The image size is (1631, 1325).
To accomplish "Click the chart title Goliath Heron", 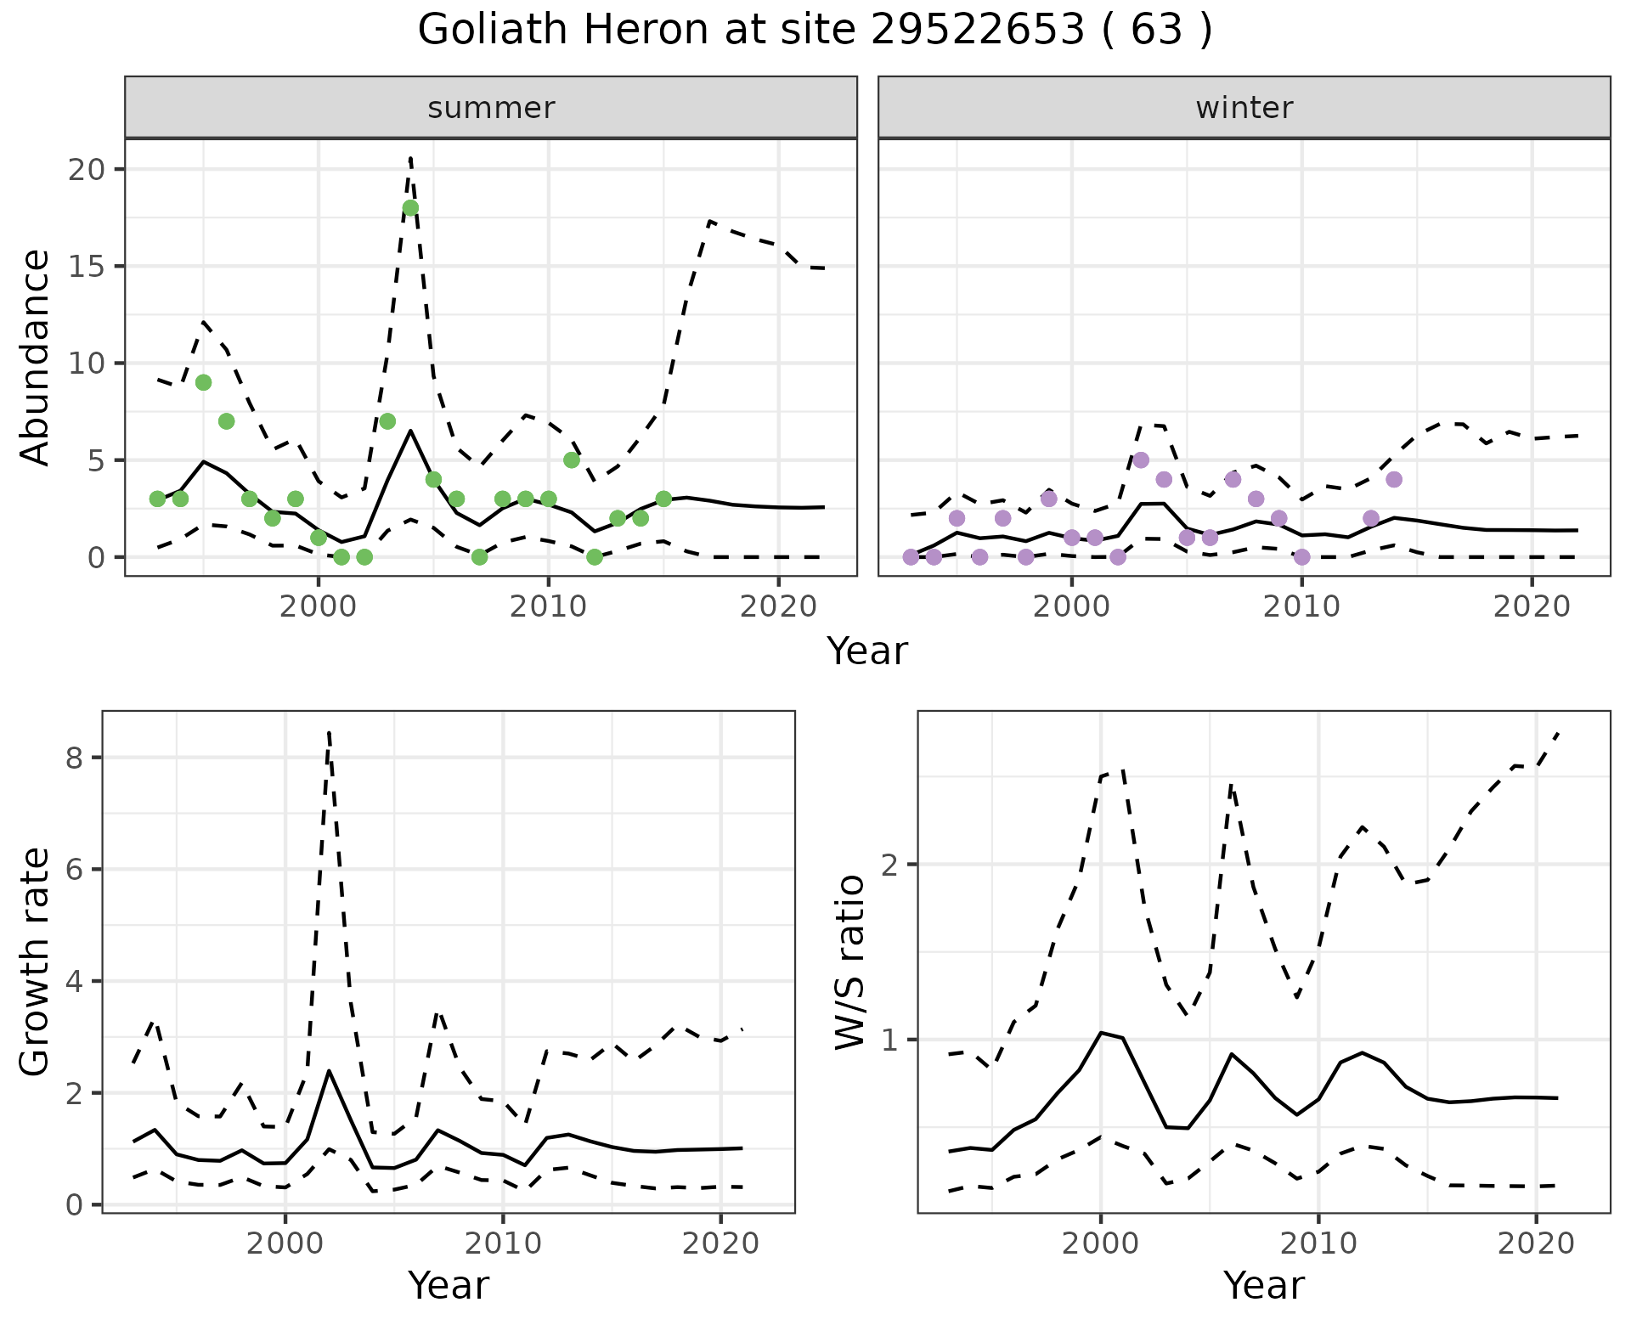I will coord(814,31).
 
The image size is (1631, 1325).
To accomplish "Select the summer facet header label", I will coord(491,108).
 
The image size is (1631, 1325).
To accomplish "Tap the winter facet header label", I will coord(1244,108).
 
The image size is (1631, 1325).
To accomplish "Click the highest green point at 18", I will coord(410,208).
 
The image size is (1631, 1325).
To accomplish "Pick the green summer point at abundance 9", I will coord(203,382).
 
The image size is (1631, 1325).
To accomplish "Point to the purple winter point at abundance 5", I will coord(1141,460).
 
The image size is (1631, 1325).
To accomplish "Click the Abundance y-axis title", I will coord(36,357).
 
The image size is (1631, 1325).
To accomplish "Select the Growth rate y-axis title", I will coord(36,961).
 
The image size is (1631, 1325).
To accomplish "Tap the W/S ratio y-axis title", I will coord(850,961).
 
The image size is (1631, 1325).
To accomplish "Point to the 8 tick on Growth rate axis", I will coord(74,758).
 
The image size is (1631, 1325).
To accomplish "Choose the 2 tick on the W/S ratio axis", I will coord(891,865).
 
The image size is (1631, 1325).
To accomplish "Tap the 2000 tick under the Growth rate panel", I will coord(285,1244).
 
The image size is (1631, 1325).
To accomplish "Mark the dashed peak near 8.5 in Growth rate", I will coord(329,732).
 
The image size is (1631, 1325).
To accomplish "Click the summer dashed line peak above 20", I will coord(410,158).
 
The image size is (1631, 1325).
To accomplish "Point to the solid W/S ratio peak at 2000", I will coord(1101,1033).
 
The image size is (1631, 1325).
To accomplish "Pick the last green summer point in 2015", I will coord(663,499).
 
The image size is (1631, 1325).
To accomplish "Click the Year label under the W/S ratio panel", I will coord(1263,1286).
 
